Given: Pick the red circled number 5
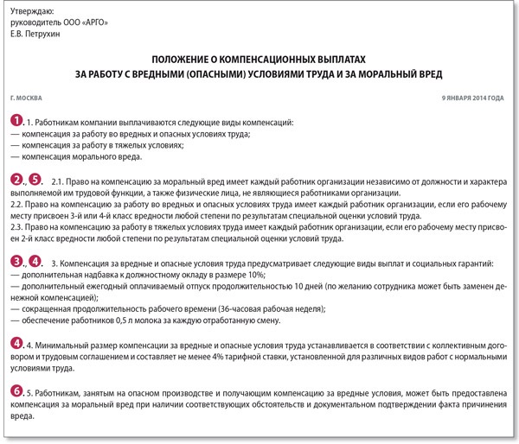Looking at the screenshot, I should pos(35,180).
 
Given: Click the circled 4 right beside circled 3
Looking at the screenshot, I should pos(35,261).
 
